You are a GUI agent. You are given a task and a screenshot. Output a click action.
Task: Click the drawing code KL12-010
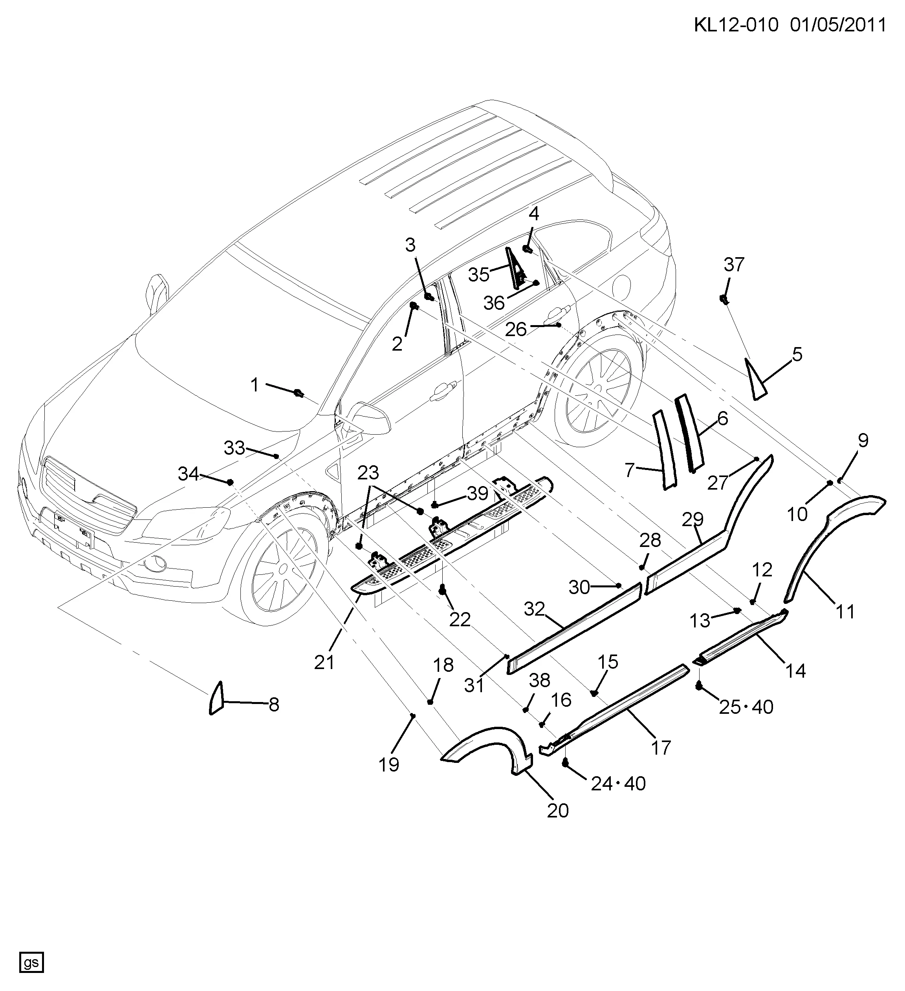click(x=736, y=25)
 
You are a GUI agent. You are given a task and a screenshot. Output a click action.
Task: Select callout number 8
click(x=274, y=704)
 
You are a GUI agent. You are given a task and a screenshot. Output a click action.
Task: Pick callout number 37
click(x=734, y=265)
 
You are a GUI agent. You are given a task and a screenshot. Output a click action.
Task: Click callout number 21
click(x=324, y=662)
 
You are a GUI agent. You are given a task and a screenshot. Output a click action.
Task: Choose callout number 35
click(x=478, y=275)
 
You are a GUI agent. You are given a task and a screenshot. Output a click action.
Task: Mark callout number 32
click(x=535, y=609)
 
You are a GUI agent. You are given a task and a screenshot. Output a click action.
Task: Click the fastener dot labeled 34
click(x=230, y=481)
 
